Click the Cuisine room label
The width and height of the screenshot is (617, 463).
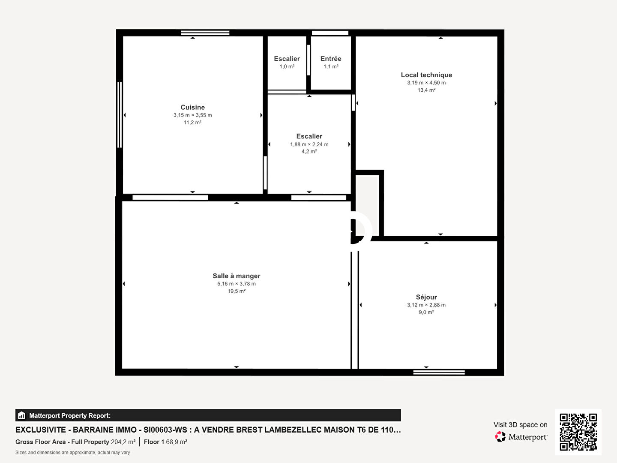coord(192,107)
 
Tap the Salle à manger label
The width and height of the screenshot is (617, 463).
coord(237,276)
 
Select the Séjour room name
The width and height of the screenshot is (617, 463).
coord(426,297)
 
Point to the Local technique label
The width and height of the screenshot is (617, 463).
coord(426,75)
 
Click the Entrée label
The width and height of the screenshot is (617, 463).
coord(331,58)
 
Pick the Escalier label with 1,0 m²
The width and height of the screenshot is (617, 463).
coord(287,58)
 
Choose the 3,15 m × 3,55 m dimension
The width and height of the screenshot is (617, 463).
coord(192,115)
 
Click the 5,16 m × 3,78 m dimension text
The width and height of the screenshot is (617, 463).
coord(237,284)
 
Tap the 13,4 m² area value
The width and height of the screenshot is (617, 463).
coord(426,90)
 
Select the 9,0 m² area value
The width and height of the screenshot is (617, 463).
coord(426,313)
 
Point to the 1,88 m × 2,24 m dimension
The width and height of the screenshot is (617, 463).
coord(309,144)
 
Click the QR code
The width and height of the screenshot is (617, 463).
coord(578,432)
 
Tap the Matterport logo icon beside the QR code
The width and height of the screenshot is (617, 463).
coord(500,436)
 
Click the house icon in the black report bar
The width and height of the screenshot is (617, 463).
coord(22,415)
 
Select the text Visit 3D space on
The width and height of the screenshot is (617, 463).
coord(520,425)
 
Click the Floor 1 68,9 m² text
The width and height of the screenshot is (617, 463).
coord(165,442)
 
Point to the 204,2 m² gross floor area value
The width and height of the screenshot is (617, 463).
coord(123,442)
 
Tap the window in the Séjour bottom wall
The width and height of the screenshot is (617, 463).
coord(439,373)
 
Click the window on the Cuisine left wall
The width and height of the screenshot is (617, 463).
coord(120,115)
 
